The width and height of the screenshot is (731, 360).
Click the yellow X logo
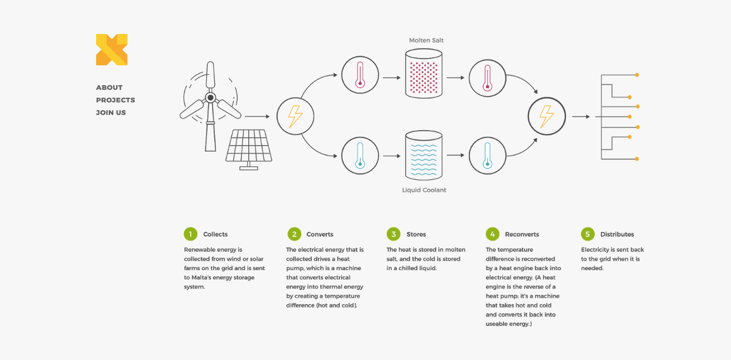click(x=112, y=50)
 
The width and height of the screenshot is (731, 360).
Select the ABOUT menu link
click(x=109, y=88)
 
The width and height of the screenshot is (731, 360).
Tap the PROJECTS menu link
click(x=115, y=100)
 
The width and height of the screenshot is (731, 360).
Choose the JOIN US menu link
click(x=111, y=113)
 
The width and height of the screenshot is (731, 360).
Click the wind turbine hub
click(x=210, y=98)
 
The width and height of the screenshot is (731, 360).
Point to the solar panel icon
click(x=249, y=147)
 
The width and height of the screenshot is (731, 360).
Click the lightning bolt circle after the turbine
click(x=295, y=116)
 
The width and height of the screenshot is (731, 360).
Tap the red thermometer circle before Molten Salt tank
click(x=360, y=75)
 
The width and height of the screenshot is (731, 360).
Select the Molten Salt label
click(x=426, y=40)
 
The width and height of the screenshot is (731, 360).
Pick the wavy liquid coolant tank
click(x=424, y=155)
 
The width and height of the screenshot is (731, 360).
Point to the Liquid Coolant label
click(x=424, y=190)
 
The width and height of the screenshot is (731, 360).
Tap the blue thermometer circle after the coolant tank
click(x=488, y=155)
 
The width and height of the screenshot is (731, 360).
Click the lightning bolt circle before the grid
click(x=547, y=116)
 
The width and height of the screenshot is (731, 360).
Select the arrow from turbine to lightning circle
click(x=257, y=117)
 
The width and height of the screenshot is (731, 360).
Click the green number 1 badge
click(x=190, y=234)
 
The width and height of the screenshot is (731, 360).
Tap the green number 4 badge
click(x=492, y=234)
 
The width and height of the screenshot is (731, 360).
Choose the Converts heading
click(x=320, y=235)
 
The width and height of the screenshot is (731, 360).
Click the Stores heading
click(x=416, y=235)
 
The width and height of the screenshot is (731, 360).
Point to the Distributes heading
click(x=617, y=235)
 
